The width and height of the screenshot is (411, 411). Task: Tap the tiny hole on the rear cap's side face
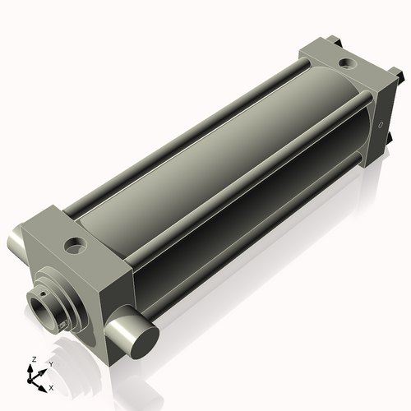(380, 126)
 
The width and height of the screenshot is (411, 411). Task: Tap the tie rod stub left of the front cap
(16, 246)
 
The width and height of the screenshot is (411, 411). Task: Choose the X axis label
(52, 386)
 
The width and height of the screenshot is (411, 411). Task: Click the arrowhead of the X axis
(44, 384)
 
